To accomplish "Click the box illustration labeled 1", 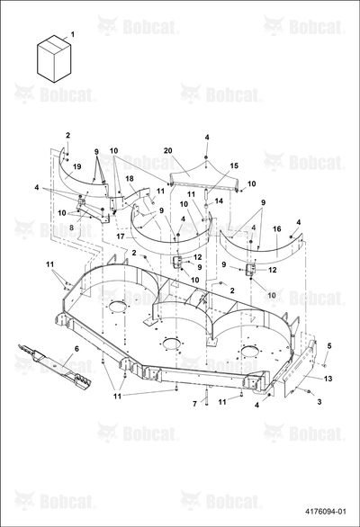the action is point(54,58).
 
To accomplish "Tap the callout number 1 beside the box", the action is point(73,34).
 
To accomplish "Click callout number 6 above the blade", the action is point(76,349).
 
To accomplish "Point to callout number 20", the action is point(168,150).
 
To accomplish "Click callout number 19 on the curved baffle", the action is point(77,166).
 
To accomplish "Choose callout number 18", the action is point(130,178).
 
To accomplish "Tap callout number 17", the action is point(121,237).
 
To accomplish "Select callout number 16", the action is point(277,229).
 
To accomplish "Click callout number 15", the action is point(234,165).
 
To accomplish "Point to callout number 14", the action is point(219,201).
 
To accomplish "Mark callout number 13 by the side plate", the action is point(328,379).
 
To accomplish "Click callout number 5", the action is point(329,346).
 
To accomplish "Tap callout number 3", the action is point(319,401).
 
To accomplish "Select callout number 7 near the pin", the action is point(194,403).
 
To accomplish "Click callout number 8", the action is point(71,228).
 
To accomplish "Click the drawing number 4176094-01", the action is point(326,512).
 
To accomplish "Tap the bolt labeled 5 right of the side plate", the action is point(324,364).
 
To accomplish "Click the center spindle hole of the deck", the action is point(172,344).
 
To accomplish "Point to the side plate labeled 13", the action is point(300,368).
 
